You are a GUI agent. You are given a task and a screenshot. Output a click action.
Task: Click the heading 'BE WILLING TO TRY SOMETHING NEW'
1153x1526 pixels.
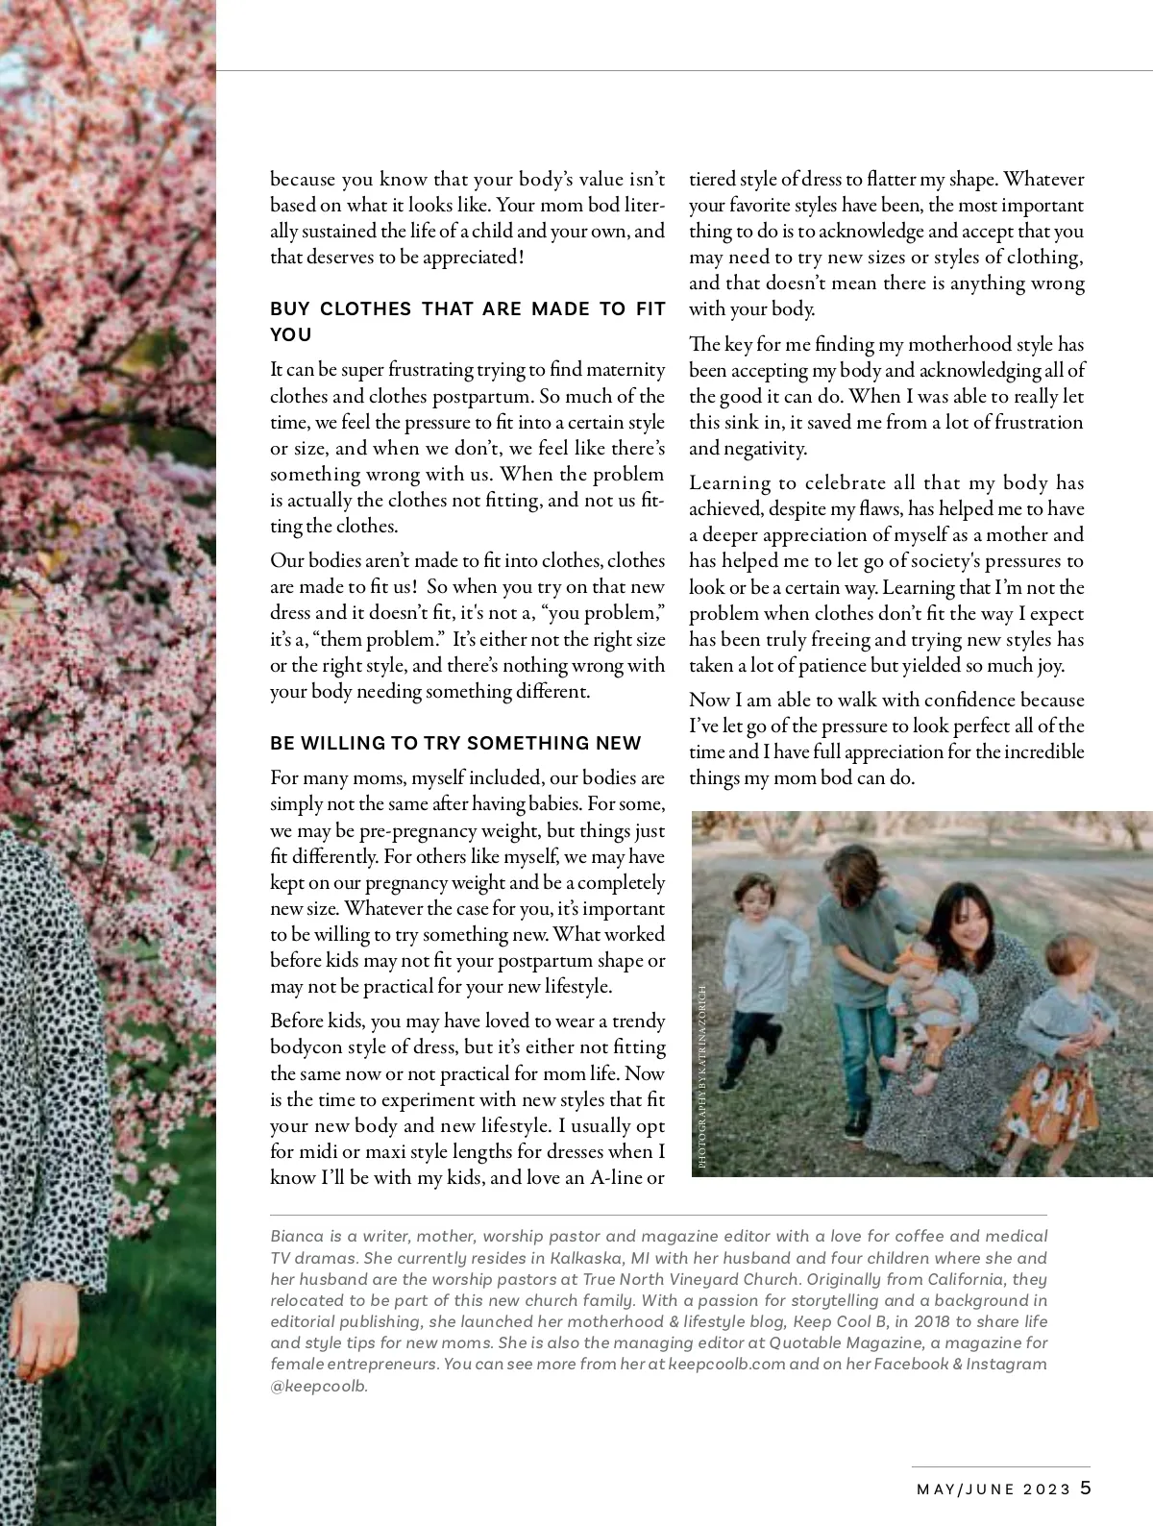coord(455,743)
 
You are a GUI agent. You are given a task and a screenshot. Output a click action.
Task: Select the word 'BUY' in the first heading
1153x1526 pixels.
coord(289,308)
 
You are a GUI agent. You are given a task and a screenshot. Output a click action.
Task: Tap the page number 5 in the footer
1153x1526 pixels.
coord(1086,1488)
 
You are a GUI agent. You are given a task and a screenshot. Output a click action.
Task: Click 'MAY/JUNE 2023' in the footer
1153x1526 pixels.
coord(994,1489)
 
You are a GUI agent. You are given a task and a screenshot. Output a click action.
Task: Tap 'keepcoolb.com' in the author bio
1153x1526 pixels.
coord(726,1364)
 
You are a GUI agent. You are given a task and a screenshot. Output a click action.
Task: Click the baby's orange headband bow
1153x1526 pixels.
coord(910,957)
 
